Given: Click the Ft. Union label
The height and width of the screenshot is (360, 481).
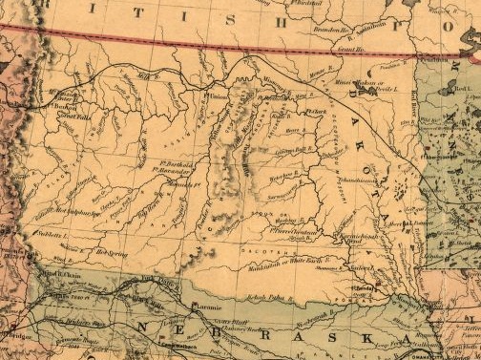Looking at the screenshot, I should (x=218, y=95).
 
